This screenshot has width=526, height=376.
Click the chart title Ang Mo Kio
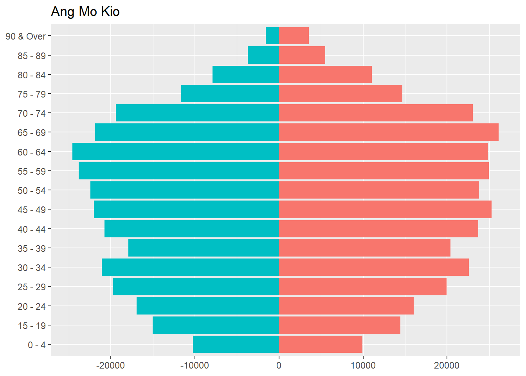[x=85, y=12]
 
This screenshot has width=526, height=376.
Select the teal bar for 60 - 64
[x=176, y=152]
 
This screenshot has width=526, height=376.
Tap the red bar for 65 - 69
[x=389, y=132]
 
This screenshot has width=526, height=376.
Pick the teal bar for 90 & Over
[x=272, y=36]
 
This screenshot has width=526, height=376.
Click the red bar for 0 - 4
[x=321, y=344]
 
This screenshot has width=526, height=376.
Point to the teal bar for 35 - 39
[x=204, y=248]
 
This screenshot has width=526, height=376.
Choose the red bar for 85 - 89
[x=302, y=55]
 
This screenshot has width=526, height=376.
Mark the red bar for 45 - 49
[x=385, y=210]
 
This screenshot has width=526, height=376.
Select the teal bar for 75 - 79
[x=230, y=94]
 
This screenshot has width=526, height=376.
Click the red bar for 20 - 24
[x=346, y=306]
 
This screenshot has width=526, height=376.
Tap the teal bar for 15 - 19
[x=216, y=325]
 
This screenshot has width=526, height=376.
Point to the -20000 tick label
[x=111, y=366]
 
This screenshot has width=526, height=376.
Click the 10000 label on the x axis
[x=363, y=366]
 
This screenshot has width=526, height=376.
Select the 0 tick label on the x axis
[x=279, y=366]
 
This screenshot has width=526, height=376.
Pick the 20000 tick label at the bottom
[x=447, y=366]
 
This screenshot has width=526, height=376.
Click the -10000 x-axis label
[x=195, y=366]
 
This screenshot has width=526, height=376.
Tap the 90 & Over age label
[x=26, y=36]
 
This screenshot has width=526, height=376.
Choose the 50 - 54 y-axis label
[x=32, y=191]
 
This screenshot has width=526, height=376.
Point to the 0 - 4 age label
[x=37, y=345]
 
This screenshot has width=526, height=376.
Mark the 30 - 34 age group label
[x=32, y=268]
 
